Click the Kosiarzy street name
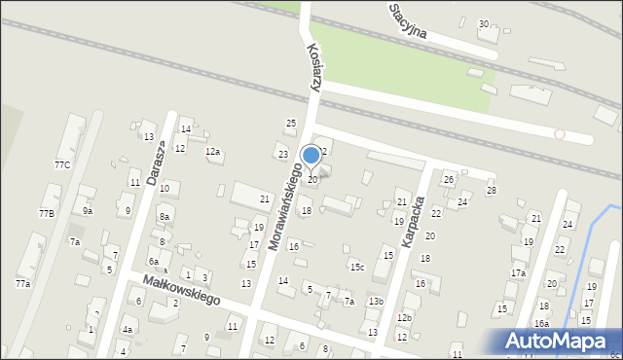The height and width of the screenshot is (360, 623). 313,66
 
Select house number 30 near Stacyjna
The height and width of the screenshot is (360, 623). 484,23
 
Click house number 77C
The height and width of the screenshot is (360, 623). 62,165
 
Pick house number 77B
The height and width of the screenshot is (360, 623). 46,213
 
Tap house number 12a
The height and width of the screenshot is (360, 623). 212,152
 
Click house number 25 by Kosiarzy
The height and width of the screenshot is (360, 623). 290,123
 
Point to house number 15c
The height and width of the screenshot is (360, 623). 357,268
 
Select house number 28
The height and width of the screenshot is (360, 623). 492,190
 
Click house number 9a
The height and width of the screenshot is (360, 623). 88,211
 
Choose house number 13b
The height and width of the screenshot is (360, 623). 376,302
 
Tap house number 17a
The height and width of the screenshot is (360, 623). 518,274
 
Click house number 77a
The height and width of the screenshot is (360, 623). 22,283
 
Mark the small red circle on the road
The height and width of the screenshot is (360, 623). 559,134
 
